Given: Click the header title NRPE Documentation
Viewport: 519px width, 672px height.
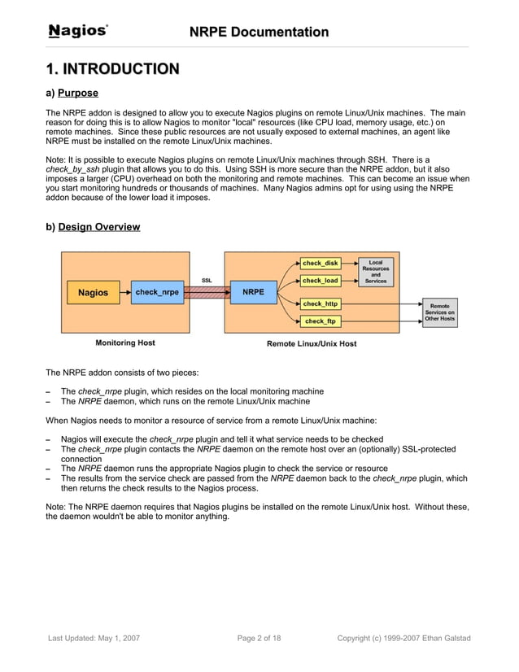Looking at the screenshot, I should click(259, 32).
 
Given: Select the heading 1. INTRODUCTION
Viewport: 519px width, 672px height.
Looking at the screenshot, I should click(112, 68).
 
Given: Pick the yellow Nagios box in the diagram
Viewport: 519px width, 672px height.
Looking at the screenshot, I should click(92, 292).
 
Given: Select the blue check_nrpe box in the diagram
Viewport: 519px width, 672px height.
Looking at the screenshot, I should click(157, 292).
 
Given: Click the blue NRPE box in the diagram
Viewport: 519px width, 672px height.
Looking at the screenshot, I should click(253, 292).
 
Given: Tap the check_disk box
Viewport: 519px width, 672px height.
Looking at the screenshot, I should click(320, 264).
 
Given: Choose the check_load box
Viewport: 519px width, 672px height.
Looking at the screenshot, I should click(320, 281).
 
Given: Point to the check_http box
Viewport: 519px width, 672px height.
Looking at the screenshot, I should click(320, 304).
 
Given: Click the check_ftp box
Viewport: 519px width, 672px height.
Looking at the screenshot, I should click(320, 321).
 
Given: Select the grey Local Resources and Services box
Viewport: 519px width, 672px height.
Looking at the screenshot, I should click(375, 272).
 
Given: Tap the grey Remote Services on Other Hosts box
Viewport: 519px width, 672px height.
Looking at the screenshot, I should click(439, 312).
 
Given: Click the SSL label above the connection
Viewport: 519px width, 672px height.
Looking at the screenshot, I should click(207, 280).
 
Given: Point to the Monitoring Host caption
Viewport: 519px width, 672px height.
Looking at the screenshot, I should click(125, 343).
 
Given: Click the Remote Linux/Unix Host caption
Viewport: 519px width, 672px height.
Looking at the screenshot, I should click(312, 343).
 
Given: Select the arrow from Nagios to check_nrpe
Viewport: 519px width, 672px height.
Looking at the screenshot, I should click(120, 292).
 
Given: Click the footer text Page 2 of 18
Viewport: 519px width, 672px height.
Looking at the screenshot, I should click(259, 638).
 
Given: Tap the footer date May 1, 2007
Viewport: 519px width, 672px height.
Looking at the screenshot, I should click(118, 638).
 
